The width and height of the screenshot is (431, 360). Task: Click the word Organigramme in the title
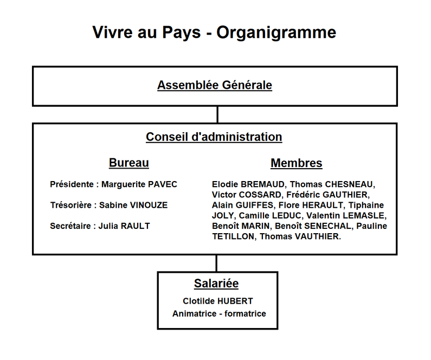[276, 33]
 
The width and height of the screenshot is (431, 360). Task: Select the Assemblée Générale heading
[215, 85]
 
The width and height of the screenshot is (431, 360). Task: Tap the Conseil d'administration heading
[214, 137]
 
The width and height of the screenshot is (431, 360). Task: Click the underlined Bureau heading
[129, 163]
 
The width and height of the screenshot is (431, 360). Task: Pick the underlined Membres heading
[296, 163]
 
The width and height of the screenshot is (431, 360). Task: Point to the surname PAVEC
[162, 184]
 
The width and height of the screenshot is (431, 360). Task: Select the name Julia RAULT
[124, 226]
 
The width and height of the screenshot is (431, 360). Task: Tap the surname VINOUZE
[149, 205]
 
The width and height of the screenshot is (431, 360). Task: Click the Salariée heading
[216, 283]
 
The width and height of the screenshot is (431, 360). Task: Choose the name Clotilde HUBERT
[218, 301]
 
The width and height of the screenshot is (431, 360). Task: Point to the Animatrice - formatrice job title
[219, 313]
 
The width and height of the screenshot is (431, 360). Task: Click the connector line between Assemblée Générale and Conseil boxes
[217, 114]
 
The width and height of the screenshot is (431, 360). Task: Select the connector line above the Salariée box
[216, 263]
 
